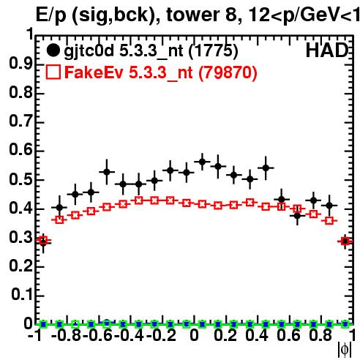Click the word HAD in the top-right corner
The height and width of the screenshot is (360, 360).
coord(327,50)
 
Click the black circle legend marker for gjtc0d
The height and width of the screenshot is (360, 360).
coord(53,50)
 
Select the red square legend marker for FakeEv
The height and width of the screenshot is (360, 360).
coord(53,72)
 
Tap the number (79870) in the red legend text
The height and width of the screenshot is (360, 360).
coord(228,72)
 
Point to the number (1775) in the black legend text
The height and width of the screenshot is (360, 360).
coord(213,51)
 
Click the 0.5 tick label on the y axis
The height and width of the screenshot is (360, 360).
coord(21,180)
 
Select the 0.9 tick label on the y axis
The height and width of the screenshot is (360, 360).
coord(21,64)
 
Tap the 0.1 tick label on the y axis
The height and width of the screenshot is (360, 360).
coord(22,295)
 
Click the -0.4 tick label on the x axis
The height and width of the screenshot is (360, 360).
coord(129,335)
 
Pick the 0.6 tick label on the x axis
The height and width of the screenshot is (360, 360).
coord(288,335)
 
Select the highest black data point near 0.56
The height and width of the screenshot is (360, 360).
coord(202,162)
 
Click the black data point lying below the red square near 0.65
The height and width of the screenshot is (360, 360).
coord(297,216)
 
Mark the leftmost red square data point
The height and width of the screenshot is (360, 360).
coord(43,240)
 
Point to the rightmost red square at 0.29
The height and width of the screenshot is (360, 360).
coord(345,241)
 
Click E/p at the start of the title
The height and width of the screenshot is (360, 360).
coord(51,15)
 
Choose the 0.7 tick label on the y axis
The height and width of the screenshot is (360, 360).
coord(21,121)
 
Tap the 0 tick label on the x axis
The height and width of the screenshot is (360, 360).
coord(194,335)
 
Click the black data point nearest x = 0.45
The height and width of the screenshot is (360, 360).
coord(266,168)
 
